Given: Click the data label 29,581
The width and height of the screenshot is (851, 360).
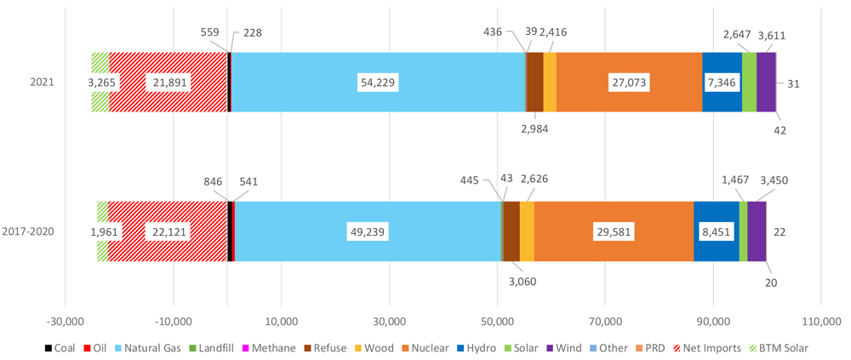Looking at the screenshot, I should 614,231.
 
